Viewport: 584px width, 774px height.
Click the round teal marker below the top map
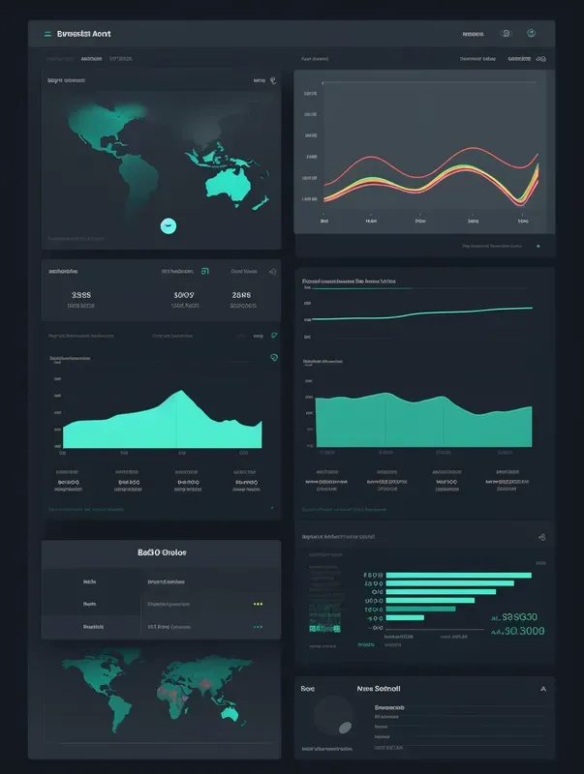pos(168,225)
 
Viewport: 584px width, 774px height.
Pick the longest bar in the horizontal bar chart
pos(459,575)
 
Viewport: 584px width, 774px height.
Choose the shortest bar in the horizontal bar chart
pos(405,616)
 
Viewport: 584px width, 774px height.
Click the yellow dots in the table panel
pos(258,603)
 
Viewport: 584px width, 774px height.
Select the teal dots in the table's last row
pos(258,626)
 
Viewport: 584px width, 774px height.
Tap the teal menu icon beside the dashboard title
pos(47,33)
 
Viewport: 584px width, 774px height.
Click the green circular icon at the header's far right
pos(531,33)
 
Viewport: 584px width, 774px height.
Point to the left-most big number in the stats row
pos(81,295)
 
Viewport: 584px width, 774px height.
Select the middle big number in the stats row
pos(183,295)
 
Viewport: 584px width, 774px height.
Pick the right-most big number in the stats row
pos(242,295)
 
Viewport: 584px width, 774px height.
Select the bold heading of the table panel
pos(163,552)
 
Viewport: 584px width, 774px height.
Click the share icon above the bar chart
pos(541,537)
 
